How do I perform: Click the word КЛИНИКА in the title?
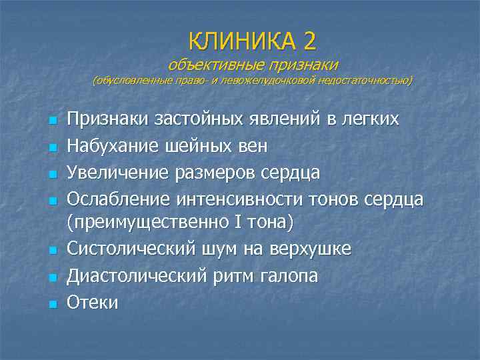tap(241, 41)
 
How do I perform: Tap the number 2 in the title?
tap(309, 41)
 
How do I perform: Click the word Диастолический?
tap(137, 275)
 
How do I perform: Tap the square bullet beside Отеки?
tap(52, 304)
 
